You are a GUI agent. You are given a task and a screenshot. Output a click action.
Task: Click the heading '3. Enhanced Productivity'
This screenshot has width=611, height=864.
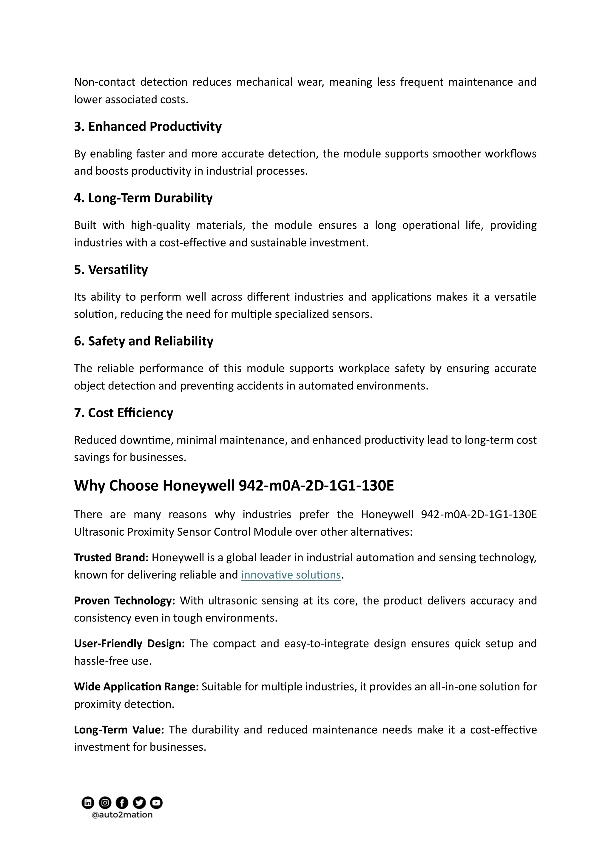[148, 126]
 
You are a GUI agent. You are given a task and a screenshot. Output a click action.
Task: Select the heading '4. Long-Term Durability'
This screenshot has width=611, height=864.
[143, 198]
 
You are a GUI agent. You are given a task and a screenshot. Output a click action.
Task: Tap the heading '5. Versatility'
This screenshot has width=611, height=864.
[111, 269]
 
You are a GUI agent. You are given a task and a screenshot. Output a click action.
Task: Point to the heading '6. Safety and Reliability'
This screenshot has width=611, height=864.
[144, 341]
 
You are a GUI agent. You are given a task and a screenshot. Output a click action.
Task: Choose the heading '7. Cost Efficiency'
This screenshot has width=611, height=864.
[123, 413]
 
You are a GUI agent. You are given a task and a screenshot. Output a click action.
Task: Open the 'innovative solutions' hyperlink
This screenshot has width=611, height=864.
[291, 575]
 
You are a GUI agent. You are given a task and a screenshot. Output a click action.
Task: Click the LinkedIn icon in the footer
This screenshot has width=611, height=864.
[88, 803]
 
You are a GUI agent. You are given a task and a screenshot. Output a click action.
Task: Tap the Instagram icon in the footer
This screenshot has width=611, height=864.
[105, 803]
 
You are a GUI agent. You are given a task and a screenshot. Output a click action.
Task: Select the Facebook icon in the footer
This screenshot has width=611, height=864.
[122, 803]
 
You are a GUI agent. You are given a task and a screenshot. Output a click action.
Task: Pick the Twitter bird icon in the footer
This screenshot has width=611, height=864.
[139, 803]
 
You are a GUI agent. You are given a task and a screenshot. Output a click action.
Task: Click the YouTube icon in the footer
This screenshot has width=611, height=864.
[156, 803]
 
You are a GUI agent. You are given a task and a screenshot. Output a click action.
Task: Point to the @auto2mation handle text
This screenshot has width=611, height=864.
[122, 815]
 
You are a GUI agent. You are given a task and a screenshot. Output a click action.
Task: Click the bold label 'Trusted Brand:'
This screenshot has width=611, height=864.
[111, 557]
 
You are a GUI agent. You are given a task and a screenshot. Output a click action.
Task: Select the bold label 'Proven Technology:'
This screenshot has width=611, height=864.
[124, 601]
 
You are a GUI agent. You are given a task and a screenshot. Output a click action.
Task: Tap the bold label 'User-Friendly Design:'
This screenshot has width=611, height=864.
[129, 644]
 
